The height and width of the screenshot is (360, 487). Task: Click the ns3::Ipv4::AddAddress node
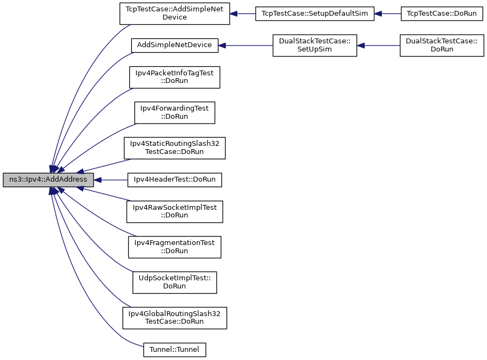(x=48, y=179)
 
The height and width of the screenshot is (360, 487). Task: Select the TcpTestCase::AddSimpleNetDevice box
(x=174, y=14)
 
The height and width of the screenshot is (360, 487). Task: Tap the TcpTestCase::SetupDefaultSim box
(x=315, y=14)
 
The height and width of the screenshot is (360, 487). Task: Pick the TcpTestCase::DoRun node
(x=441, y=14)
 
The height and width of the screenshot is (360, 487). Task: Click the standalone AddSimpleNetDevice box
(x=174, y=46)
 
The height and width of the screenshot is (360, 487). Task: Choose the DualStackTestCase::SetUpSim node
(x=315, y=46)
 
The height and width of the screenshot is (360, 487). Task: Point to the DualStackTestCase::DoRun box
(x=441, y=46)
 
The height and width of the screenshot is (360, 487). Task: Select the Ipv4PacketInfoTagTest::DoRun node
(x=174, y=77)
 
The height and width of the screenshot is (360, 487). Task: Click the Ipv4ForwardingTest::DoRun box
(x=174, y=113)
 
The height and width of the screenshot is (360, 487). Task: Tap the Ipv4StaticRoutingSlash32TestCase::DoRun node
(x=174, y=148)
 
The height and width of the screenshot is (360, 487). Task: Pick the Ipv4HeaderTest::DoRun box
(x=174, y=179)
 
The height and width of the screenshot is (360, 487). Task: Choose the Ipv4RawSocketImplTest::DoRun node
(x=174, y=211)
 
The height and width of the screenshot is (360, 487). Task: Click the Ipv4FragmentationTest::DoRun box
(x=174, y=247)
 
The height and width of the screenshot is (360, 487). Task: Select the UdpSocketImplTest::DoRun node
(x=174, y=282)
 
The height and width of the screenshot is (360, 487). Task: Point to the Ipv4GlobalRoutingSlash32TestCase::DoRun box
(x=174, y=318)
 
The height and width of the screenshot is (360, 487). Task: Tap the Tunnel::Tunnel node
(x=174, y=350)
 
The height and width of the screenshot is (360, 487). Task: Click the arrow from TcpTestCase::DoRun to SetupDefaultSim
(x=388, y=14)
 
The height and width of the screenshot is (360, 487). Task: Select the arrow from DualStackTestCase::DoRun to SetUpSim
(x=378, y=46)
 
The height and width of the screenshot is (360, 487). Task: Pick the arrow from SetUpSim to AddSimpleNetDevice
(x=245, y=46)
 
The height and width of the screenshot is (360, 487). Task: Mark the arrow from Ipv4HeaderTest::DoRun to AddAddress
(x=111, y=179)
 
